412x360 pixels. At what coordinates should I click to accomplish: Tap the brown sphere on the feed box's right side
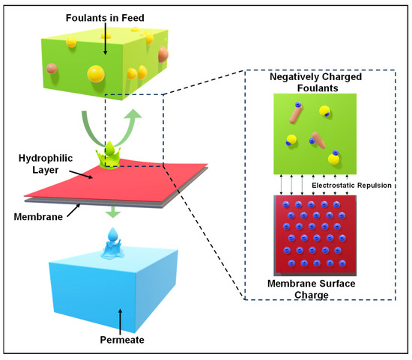coord(163,54)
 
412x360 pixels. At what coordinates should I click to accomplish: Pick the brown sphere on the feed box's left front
coord(52,68)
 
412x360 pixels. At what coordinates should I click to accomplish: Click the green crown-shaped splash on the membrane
coord(112,155)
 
